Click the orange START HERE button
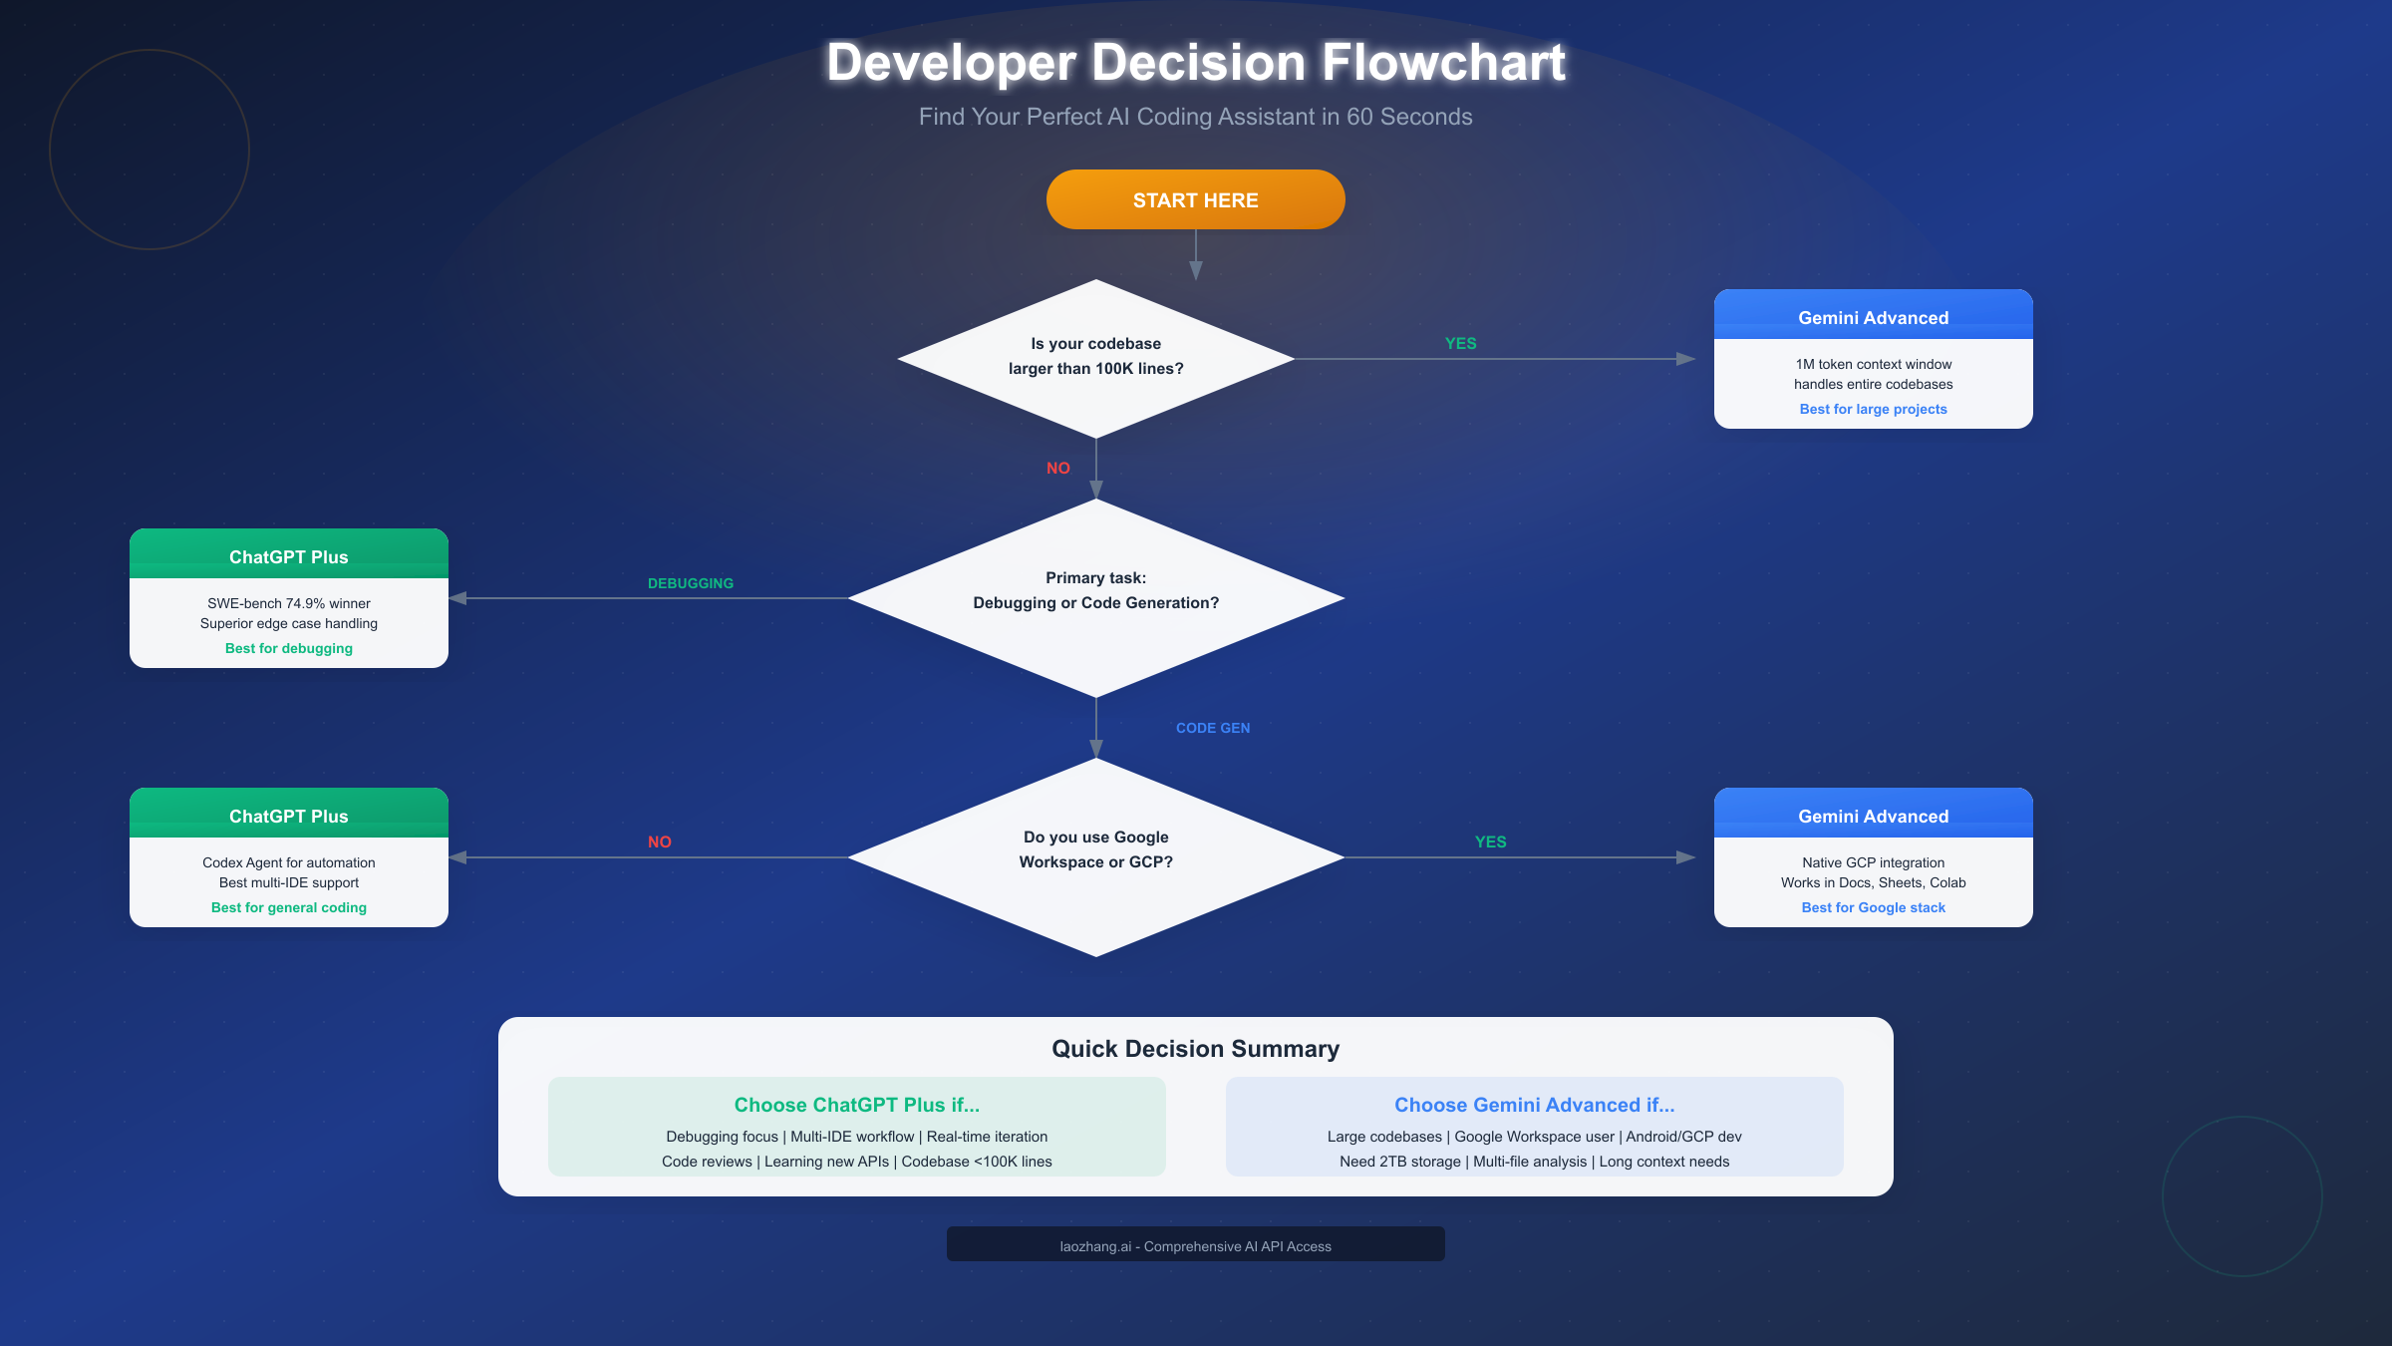[1195, 199]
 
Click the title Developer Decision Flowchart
[1195, 62]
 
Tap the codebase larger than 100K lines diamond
[1095, 357]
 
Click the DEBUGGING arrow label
[690, 583]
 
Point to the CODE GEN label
[1212, 728]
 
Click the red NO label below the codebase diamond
[1057, 468]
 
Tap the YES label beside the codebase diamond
[1460, 343]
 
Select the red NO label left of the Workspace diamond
[659, 841]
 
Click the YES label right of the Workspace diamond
[1490, 841]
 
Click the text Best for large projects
[1873, 409]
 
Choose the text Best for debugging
[289, 648]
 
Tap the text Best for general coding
[289, 907]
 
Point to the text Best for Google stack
[1873, 907]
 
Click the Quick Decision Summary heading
[1195, 1049]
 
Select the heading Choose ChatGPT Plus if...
[856, 1105]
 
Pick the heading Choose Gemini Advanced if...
[1534, 1105]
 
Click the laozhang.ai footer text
[1195, 1246]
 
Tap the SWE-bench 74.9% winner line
[289, 603]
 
